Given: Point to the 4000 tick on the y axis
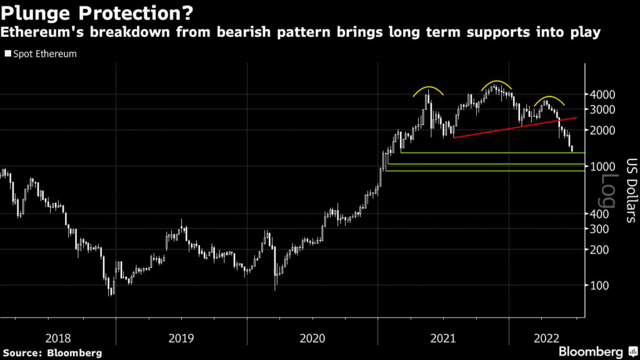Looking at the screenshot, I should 603,94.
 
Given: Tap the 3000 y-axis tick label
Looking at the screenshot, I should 603,109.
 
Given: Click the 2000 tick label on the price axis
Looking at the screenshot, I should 603,131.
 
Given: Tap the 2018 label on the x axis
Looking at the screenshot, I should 57,338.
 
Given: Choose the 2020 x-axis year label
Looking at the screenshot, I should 312,338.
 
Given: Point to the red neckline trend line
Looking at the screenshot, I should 512,127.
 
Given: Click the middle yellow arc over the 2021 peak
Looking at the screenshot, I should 497,83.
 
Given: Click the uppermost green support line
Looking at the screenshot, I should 487,152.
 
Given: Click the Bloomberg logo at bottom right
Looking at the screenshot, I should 591,350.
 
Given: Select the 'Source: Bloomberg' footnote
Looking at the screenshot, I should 51,352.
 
